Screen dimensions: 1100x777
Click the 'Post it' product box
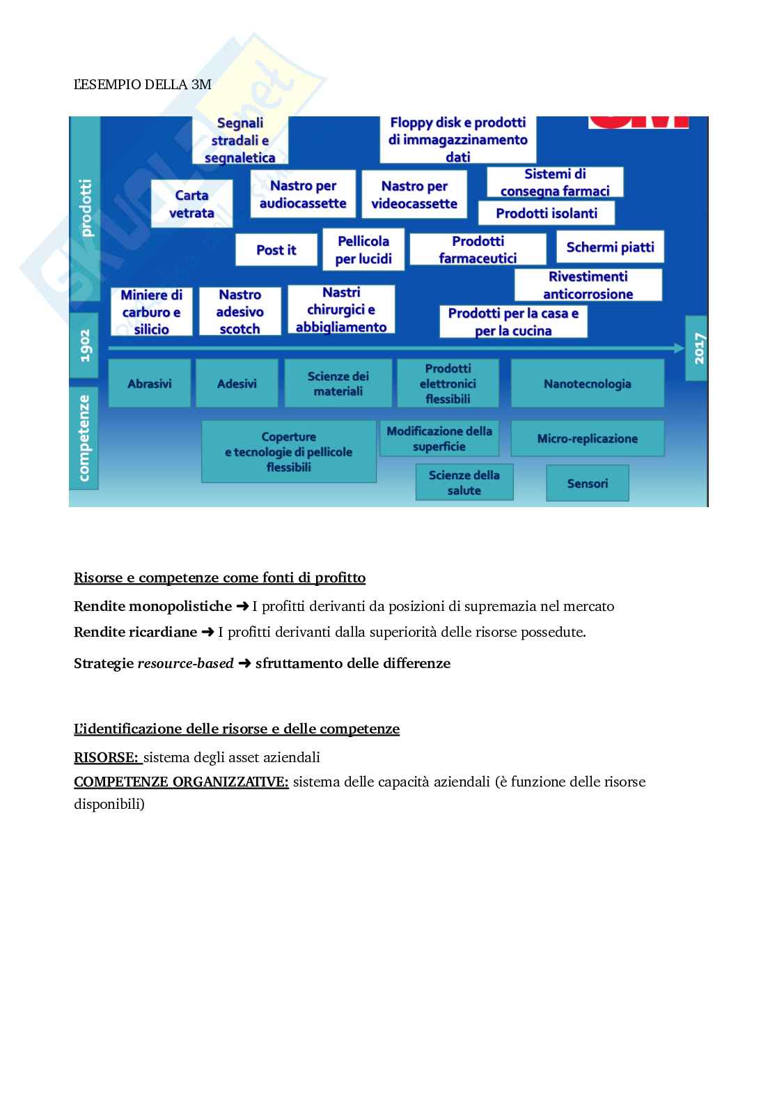276,249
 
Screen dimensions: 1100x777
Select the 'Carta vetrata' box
191,204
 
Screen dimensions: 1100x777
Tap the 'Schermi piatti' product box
610,247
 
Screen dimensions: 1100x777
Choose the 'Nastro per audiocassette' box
303,194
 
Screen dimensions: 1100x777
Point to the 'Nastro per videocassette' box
414,195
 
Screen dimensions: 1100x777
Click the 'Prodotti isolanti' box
547,213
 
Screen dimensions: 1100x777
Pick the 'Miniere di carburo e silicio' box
151,312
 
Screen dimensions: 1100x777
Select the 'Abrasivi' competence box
150,383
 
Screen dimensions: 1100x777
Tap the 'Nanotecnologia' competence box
587,383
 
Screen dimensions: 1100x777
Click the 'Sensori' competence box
587,483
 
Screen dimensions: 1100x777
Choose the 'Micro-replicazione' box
587,438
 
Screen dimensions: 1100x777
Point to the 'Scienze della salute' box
464,482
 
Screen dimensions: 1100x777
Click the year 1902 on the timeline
85,346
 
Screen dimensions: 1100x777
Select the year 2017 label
698,348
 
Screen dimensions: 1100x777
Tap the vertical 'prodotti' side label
86,208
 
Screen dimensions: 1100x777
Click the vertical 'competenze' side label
84,437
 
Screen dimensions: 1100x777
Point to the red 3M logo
638,122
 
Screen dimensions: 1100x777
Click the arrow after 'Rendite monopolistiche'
242,606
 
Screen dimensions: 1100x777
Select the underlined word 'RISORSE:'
107,757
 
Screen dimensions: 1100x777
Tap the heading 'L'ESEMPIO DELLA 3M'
143,85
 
